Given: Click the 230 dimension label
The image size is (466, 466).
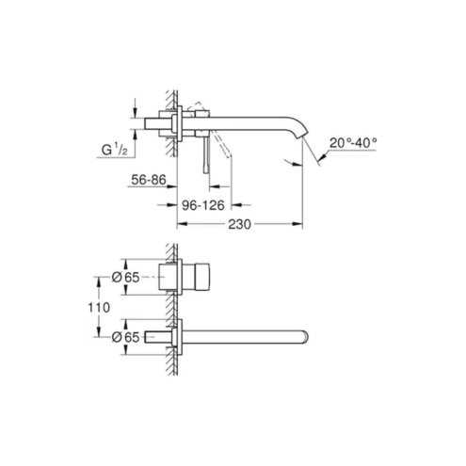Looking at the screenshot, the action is pyautogui.click(x=239, y=224).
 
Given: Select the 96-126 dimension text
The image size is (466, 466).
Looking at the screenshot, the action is pyautogui.click(x=203, y=205).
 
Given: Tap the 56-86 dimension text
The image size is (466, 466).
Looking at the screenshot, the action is pyautogui.click(x=149, y=180).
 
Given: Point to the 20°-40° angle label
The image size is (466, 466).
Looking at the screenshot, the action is pyautogui.click(x=353, y=143).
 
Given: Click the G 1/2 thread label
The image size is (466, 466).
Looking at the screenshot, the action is pyautogui.click(x=115, y=151).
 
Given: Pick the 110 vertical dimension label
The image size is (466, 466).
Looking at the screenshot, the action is pyautogui.click(x=99, y=308).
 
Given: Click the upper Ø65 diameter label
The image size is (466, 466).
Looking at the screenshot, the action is pyautogui.click(x=125, y=278).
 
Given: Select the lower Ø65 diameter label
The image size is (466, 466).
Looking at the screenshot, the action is pyautogui.click(x=125, y=337).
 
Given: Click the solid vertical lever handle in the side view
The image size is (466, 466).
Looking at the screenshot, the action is pyautogui.click(x=206, y=154).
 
